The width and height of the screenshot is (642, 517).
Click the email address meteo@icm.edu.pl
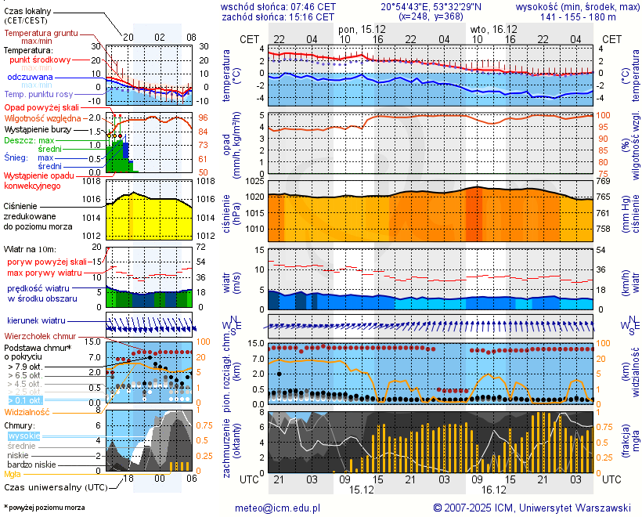[278, 508]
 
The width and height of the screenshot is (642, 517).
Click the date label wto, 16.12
[489, 29]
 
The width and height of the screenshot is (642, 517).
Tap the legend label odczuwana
[30, 78]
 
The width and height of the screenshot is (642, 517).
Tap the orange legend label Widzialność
[27, 411]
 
